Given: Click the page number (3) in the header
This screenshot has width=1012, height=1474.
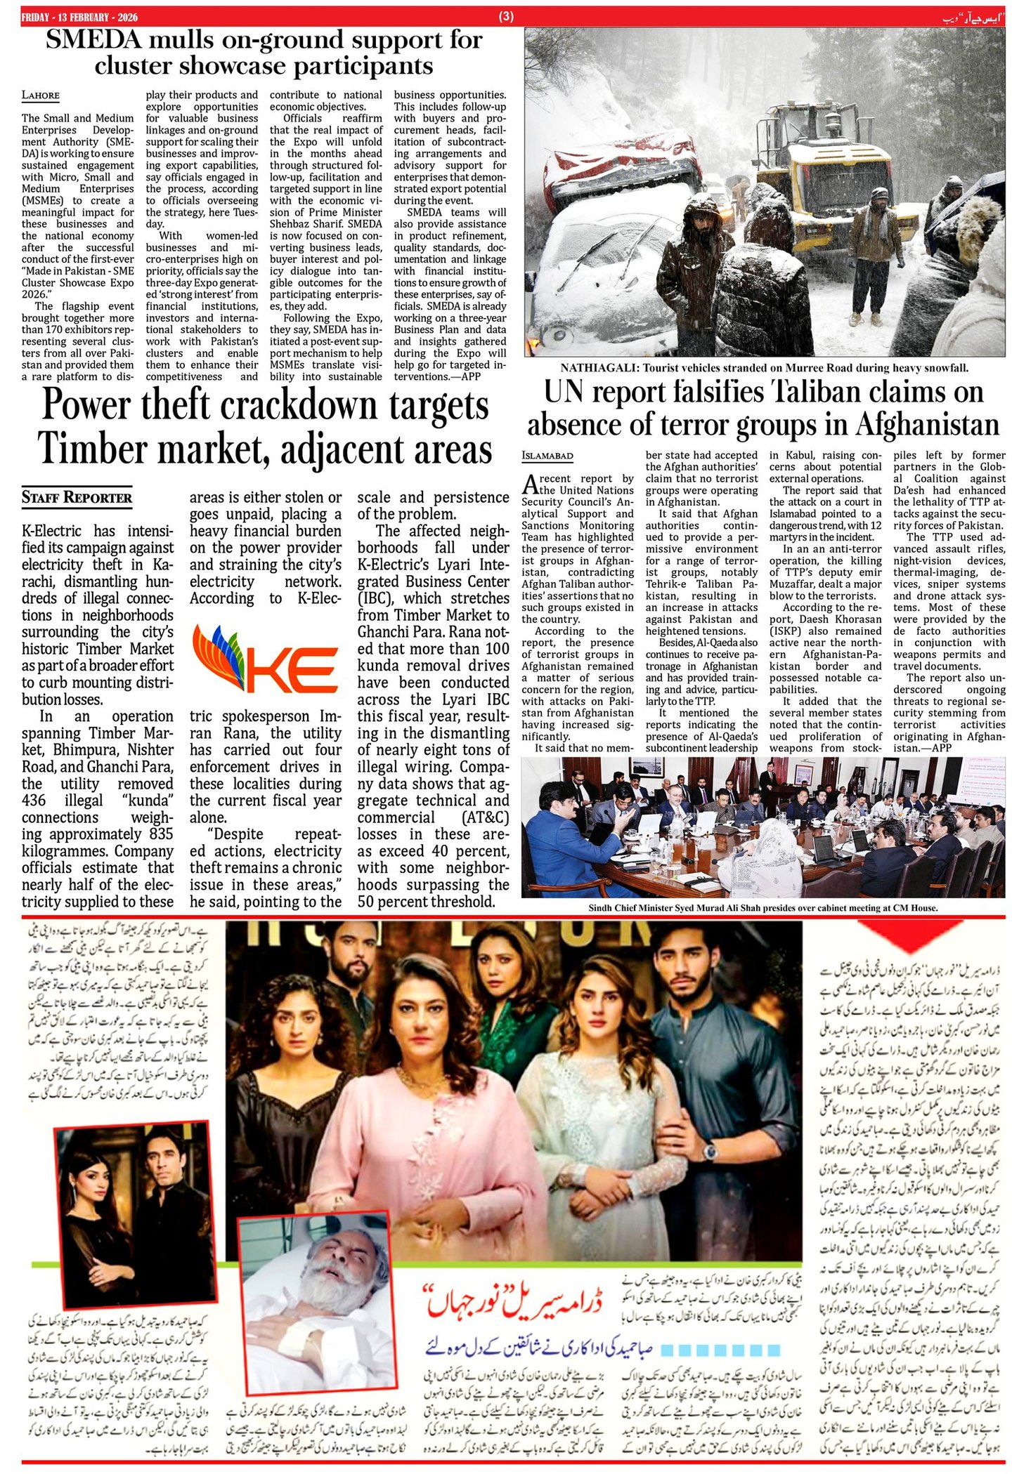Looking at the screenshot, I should pos(506,17).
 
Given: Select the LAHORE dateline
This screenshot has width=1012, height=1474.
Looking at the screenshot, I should pos(40,96).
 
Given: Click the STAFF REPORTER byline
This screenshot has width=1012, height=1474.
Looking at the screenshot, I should pos(77,498).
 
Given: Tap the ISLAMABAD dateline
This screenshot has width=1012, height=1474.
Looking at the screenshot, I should pos(547,456).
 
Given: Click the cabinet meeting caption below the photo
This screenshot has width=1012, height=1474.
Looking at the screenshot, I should pos(763,908).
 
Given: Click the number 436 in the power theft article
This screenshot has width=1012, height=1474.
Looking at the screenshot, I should pos(34,801).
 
